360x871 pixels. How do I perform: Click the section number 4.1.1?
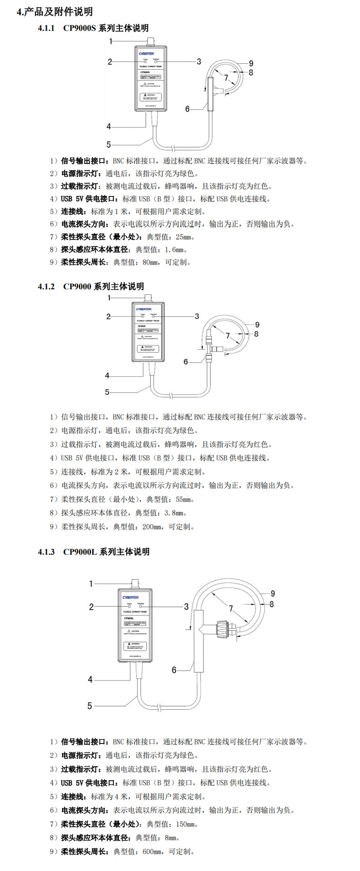click(46, 28)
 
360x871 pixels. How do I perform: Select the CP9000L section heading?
click(106, 552)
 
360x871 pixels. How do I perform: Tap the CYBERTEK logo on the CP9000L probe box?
click(130, 597)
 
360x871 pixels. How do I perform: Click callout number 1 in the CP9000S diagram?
click(111, 41)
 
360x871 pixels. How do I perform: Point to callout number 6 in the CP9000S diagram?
click(187, 109)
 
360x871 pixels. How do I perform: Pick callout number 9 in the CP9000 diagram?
click(257, 324)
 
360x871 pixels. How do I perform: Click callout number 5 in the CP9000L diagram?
click(90, 706)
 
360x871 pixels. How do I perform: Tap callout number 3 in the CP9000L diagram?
click(186, 606)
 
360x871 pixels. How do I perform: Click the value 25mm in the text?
click(184, 237)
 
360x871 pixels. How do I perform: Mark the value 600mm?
click(152, 851)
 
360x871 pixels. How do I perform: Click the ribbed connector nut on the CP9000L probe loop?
click(221, 630)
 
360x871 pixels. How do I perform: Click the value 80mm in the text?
click(150, 262)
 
